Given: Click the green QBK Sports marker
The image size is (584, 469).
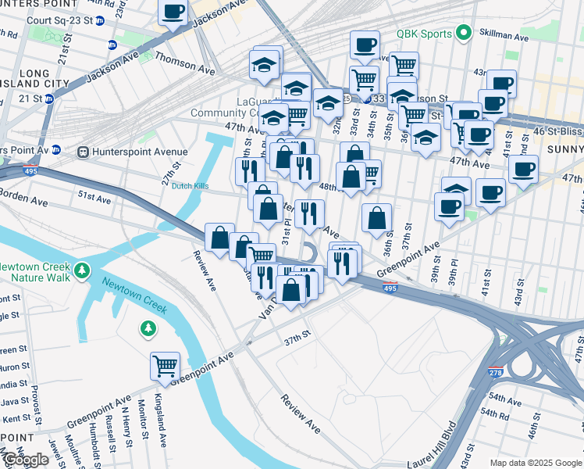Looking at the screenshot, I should pos(463,33).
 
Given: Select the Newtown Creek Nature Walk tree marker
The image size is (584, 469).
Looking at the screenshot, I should pos(82,273).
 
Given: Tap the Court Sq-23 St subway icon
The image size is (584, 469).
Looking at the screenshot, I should pos(100,20).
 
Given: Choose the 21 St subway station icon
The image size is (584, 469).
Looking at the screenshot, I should pos(48,98).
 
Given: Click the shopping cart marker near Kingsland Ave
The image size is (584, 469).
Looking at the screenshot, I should pos(166,364).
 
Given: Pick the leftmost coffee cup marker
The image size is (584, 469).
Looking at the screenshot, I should pos(173,12).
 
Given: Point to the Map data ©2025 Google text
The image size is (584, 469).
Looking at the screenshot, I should pos(536,463).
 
